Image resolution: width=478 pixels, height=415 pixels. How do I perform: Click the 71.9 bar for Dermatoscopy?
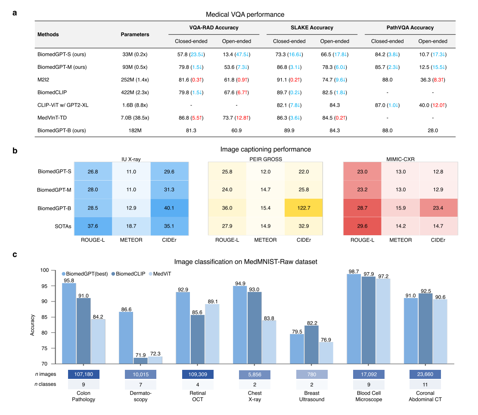tap(140, 360)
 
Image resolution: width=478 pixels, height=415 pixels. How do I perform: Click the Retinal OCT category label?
tap(198, 396)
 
